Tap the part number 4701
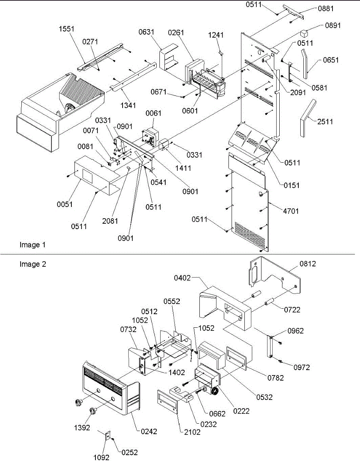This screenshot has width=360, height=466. coord(291,211)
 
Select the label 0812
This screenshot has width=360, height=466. coord(308,264)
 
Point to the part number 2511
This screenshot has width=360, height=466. coord(325,122)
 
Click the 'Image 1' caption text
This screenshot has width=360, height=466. coord(33,245)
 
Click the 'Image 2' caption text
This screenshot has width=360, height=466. coord(33,264)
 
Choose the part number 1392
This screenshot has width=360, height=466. coord(82,428)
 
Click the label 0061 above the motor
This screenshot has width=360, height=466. coord(153,113)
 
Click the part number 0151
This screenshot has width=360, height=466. coord(291,186)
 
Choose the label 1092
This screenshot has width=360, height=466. coord(101,457)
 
